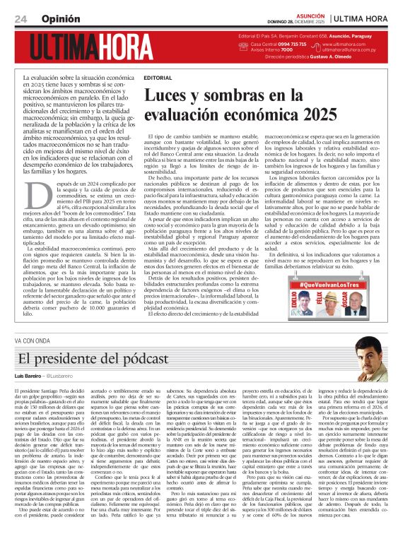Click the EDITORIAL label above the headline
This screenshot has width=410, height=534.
(157, 77)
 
